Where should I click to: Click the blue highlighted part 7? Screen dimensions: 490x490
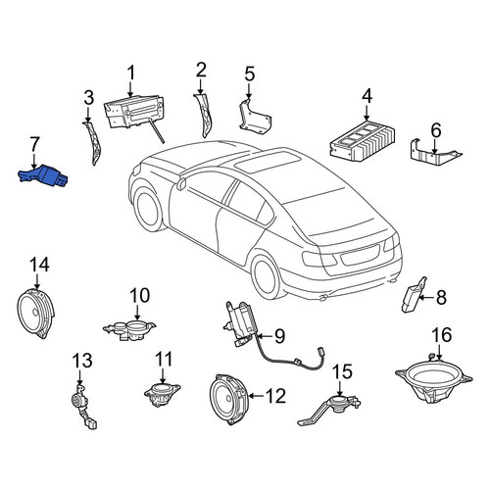tap(44, 174)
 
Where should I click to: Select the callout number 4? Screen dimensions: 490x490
tap(367, 96)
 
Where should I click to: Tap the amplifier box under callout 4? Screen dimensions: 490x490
tap(362, 141)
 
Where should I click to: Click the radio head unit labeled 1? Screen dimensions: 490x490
tap(134, 112)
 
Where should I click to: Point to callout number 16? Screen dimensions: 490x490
tap(442, 334)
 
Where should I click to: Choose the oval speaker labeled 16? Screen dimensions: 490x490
tap(434, 381)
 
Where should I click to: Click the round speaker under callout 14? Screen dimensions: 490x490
tap(35, 314)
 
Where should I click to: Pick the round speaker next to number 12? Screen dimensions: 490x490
tap(227, 399)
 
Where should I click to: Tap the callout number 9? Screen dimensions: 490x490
tap(279, 336)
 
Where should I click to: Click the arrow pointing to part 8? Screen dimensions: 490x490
tap(425, 297)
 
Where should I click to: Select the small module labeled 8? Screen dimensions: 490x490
tap(413, 295)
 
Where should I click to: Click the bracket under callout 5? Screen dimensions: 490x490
tap(255, 118)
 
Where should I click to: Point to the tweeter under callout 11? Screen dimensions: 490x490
tap(163, 394)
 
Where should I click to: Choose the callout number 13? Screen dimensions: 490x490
tap(82, 361)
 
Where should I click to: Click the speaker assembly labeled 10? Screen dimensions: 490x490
tap(129, 330)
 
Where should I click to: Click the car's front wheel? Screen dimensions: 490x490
tap(148, 208)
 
